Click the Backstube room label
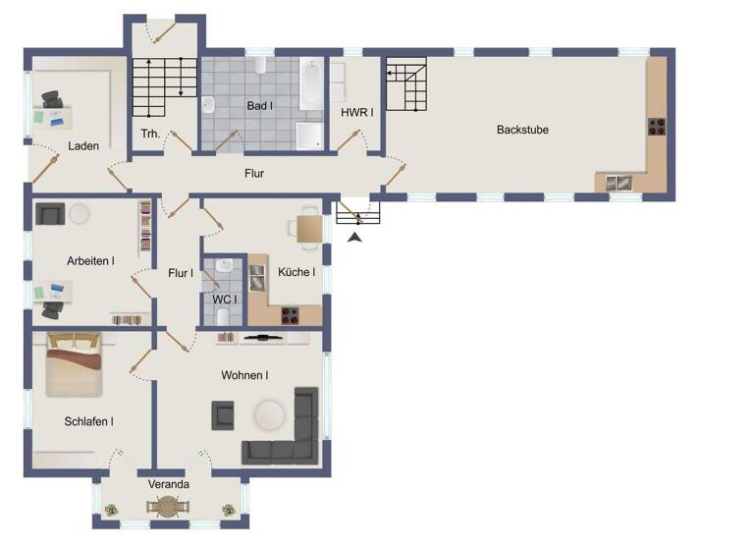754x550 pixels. pyautogui.click(x=522, y=130)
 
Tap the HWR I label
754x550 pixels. pyautogui.click(x=355, y=113)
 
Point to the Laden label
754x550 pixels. pyautogui.click(x=83, y=146)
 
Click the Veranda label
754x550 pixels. pyautogui.click(x=169, y=484)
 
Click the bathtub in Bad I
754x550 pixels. pyautogui.click(x=309, y=86)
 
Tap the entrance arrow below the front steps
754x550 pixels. pyautogui.click(x=354, y=235)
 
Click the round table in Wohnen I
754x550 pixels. pyautogui.click(x=271, y=415)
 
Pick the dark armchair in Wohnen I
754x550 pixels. pyautogui.click(x=224, y=415)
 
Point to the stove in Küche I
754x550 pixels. pyautogui.click(x=291, y=315)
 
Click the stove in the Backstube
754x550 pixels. pyautogui.click(x=656, y=127)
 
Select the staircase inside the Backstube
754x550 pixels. pyautogui.click(x=404, y=85)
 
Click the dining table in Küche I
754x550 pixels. pyautogui.click(x=309, y=229)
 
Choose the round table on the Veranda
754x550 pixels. pyautogui.click(x=169, y=506)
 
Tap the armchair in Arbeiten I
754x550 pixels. pyautogui.click(x=48, y=213)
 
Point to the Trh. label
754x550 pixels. pyautogui.click(x=150, y=135)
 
